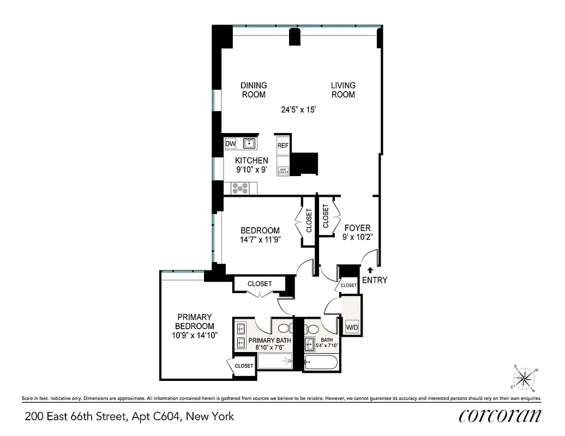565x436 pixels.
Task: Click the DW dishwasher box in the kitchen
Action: click(230, 144)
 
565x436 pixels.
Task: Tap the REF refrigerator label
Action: click(282, 146)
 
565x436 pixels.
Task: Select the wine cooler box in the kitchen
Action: click(282, 171)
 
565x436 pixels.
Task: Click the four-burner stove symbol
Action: click(239, 188)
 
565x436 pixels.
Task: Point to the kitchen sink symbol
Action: click(250, 144)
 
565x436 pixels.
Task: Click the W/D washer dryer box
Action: click(352, 327)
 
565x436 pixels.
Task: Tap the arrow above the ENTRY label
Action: click(370, 270)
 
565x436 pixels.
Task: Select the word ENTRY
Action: click(374, 280)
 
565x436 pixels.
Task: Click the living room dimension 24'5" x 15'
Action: click(298, 110)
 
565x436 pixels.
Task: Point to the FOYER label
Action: click(357, 228)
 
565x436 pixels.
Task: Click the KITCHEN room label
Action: click(251, 160)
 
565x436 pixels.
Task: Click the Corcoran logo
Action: click(500, 415)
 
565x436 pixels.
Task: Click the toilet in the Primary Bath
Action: click(284, 329)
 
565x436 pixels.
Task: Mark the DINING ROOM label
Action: click(254, 90)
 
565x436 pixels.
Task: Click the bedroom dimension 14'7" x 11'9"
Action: click(260, 240)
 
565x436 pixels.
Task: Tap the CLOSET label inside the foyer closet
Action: click(326, 216)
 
